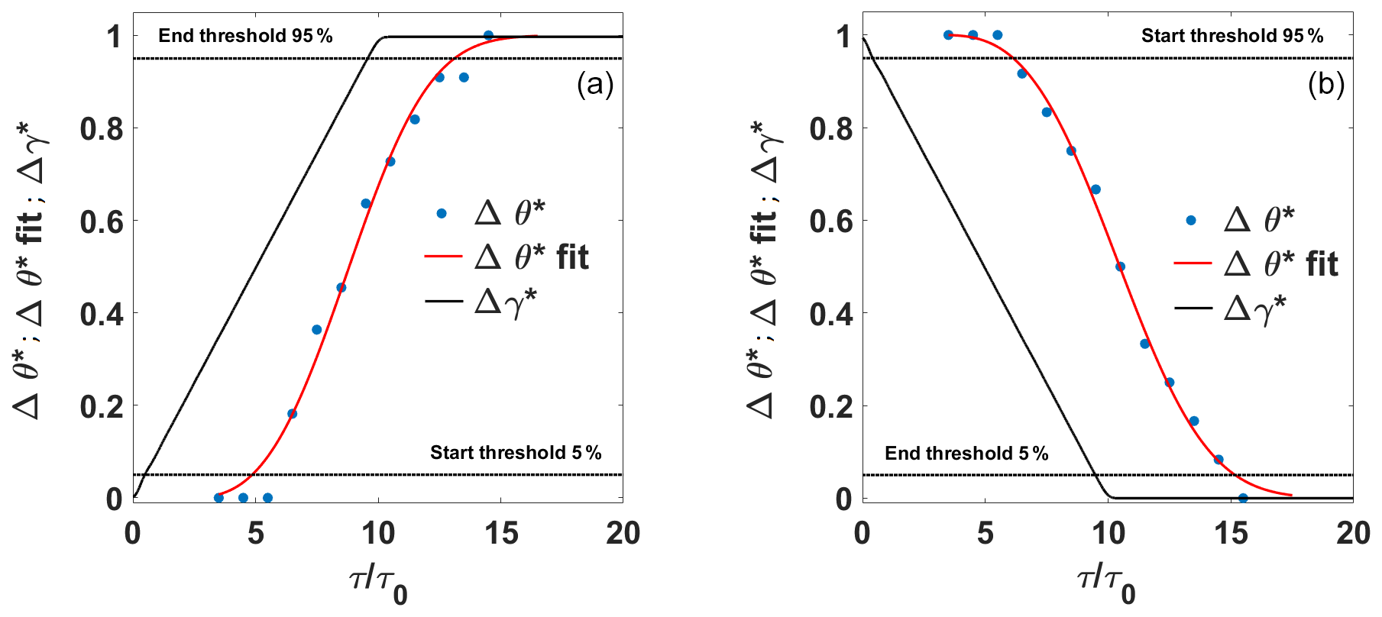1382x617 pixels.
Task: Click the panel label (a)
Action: pyautogui.click(x=595, y=85)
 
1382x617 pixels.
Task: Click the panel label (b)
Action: pyautogui.click(x=1325, y=85)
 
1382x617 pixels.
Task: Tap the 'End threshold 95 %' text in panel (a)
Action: pyautogui.click(x=245, y=36)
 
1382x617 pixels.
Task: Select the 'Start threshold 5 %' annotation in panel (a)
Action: pyautogui.click(x=516, y=453)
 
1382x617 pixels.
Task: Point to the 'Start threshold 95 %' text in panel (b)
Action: pyautogui.click(x=1232, y=36)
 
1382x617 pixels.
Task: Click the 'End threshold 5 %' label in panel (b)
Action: pyautogui.click(x=966, y=454)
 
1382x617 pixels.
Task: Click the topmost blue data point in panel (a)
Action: pyautogui.click(x=488, y=36)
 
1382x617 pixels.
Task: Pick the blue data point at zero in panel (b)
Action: pyautogui.click(x=1243, y=498)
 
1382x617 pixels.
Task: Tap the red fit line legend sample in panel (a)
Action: pyautogui.click(x=443, y=257)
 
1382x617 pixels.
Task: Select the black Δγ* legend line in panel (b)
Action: pyautogui.click(x=1193, y=308)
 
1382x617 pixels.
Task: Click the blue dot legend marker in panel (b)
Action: pyautogui.click(x=1191, y=221)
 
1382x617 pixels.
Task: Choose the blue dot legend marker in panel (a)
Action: pyautogui.click(x=442, y=214)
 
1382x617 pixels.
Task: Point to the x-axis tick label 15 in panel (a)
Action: pyautogui.click(x=501, y=534)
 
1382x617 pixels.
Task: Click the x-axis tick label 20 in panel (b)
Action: pyautogui.click(x=1352, y=534)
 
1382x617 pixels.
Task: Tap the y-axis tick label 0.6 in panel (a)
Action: pyautogui.click(x=102, y=221)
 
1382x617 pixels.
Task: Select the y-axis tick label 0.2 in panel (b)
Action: pyautogui.click(x=831, y=406)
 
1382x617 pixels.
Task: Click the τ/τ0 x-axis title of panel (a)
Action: pyautogui.click(x=377, y=583)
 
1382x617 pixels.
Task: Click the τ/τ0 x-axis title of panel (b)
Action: pyautogui.click(x=1106, y=583)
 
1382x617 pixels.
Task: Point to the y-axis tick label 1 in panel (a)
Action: pyautogui.click(x=114, y=37)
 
